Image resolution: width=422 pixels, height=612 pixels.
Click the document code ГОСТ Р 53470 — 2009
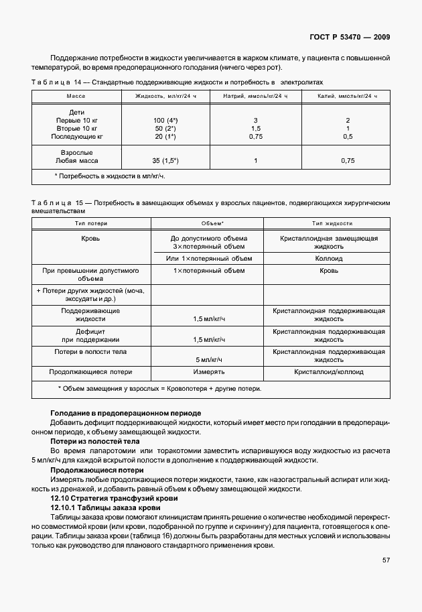coord(352,37)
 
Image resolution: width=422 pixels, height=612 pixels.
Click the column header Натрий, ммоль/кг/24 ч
coord(255,97)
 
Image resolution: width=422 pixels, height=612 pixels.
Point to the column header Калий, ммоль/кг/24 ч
coord(347,97)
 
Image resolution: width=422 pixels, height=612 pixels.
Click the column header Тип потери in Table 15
coord(91,223)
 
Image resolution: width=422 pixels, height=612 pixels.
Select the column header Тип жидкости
coord(328,223)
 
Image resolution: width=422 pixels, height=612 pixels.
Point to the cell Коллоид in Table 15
coord(328,258)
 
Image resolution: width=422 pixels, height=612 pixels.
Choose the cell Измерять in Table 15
coord(208,371)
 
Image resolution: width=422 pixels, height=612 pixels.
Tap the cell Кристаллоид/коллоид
coord(328,371)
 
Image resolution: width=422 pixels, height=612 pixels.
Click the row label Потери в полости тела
coord(90,351)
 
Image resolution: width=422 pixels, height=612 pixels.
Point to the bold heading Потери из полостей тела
coord(95,442)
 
